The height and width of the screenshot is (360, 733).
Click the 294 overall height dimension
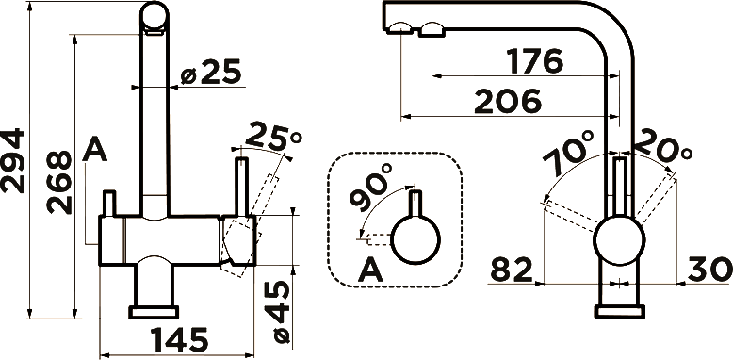click(x=12, y=161)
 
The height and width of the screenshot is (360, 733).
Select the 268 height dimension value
click(x=59, y=182)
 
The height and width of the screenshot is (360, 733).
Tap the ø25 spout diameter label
click(x=210, y=72)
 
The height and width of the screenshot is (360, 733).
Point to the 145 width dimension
click(x=179, y=340)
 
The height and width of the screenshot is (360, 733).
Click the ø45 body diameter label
click(x=282, y=312)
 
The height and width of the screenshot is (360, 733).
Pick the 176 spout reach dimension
click(x=535, y=60)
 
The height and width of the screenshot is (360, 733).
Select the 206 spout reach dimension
click(x=508, y=102)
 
